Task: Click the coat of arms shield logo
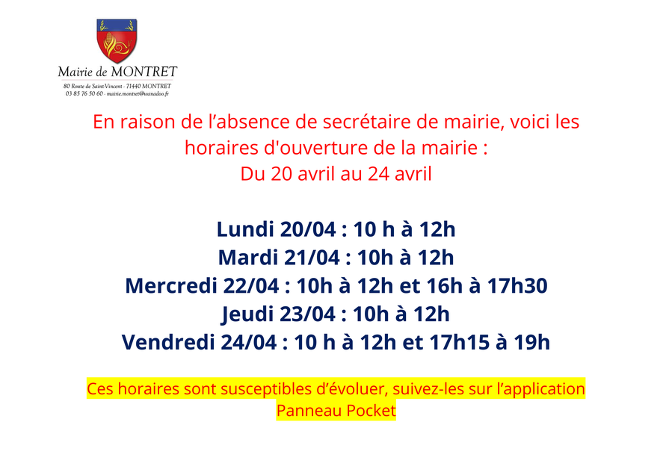click(117, 40)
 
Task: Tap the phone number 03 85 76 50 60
click(84, 93)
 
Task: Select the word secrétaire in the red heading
click(366, 122)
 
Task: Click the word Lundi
click(245, 229)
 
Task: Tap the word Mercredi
click(171, 286)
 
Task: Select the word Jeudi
click(247, 314)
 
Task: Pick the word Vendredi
click(168, 342)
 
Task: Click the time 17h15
click(460, 342)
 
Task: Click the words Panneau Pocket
click(336, 410)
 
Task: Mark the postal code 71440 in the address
click(133, 86)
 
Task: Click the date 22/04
click(251, 286)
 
